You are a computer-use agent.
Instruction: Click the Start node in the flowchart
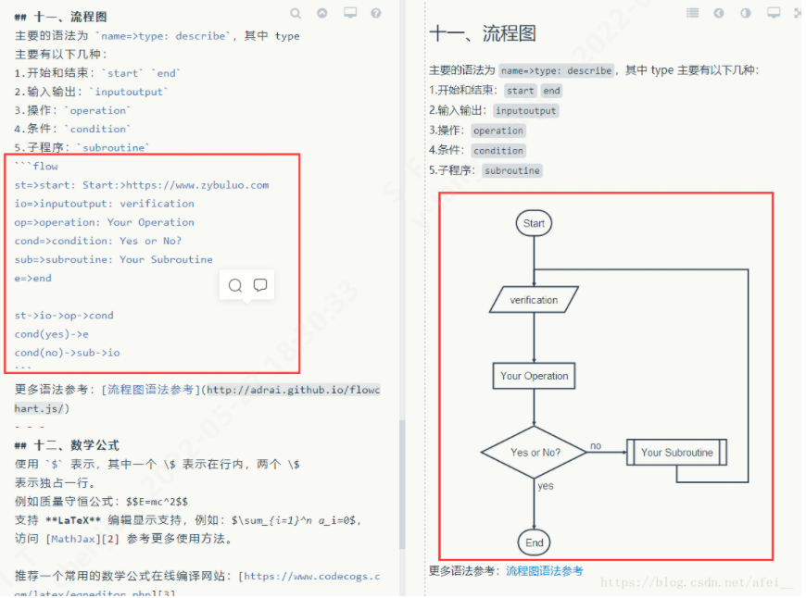pyautogui.click(x=534, y=223)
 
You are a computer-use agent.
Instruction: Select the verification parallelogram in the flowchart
pyautogui.click(x=534, y=300)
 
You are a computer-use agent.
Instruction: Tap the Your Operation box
pyautogui.click(x=534, y=376)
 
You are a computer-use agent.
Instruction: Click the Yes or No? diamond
pyautogui.click(x=535, y=453)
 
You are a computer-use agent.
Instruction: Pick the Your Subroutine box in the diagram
pyautogui.click(x=677, y=453)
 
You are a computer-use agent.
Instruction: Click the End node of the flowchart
pyautogui.click(x=535, y=542)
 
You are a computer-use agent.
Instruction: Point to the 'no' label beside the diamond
pyautogui.click(x=595, y=446)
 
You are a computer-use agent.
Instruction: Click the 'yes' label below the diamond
pyautogui.click(x=546, y=486)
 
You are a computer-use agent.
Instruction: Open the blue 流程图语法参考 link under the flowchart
pyautogui.click(x=544, y=571)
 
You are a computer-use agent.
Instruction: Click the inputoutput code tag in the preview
pyautogui.click(x=525, y=111)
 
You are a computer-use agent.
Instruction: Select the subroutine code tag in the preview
pyautogui.click(x=511, y=171)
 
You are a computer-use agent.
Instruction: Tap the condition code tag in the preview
pyautogui.click(x=498, y=151)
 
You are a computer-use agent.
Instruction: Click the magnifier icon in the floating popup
pyautogui.click(x=235, y=286)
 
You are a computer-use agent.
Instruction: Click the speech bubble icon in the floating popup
pyautogui.click(x=260, y=286)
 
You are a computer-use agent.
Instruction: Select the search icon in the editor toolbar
pyautogui.click(x=296, y=14)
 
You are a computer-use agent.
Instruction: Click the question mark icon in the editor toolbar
pyautogui.click(x=376, y=14)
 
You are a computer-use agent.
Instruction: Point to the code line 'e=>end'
pyautogui.click(x=33, y=278)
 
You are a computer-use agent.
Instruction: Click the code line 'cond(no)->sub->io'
pyautogui.click(x=67, y=353)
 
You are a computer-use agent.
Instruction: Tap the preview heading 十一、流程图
pyautogui.click(x=482, y=33)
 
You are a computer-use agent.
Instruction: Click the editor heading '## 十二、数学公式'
pyautogui.click(x=67, y=445)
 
